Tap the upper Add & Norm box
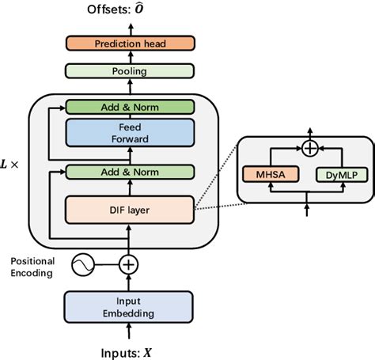(x=129, y=107)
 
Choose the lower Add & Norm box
(x=129, y=172)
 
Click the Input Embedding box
(x=127, y=307)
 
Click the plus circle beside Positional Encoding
(x=127, y=265)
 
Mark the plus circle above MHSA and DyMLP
(x=309, y=148)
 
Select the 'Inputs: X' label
(x=127, y=348)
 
